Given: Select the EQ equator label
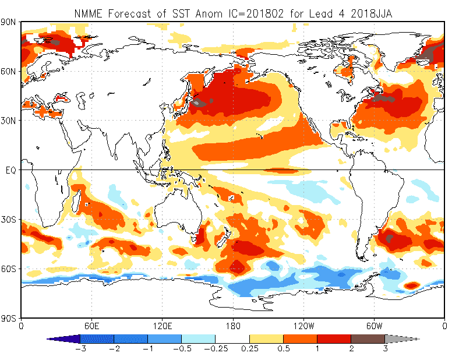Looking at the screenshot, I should pos(10,170).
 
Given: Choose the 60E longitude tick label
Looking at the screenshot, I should pos(92,326).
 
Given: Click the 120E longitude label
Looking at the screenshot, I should pos(163,326).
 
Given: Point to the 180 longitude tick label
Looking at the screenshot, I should pos(233,326).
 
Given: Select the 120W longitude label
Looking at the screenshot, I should pos(303,326).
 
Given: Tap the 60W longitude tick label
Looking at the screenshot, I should pos(374,326).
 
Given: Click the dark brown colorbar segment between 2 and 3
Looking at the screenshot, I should pos(368,338).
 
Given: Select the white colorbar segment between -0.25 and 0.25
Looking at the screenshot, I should pos(232,338).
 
